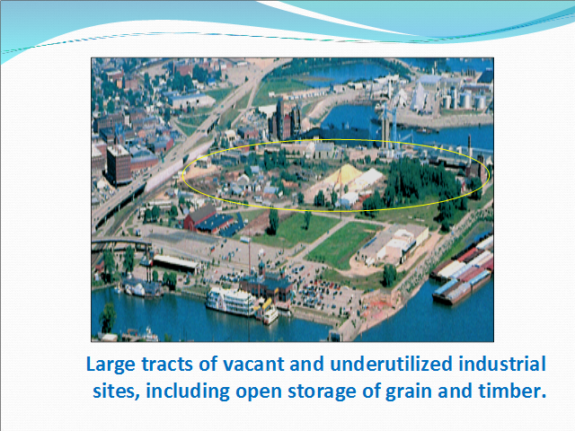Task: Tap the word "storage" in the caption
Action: pyautogui.click(x=322, y=391)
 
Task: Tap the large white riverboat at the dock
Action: pyautogui.click(x=230, y=302)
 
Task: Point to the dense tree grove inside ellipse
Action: pyautogui.click(x=421, y=181)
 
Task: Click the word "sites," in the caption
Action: pyautogui.click(x=116, y=391)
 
